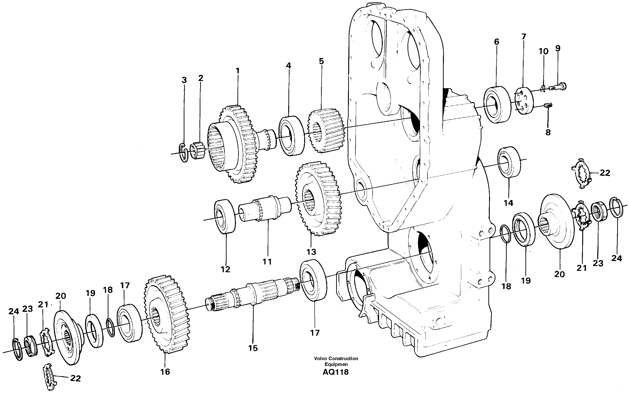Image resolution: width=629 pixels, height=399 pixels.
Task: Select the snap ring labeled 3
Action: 184,153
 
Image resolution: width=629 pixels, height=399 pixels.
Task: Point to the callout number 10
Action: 544,51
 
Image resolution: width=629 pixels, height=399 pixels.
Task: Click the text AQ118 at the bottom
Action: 335,372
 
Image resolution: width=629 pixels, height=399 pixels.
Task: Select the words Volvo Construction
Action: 336,359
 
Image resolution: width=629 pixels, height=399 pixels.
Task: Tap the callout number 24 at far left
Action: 14,311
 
